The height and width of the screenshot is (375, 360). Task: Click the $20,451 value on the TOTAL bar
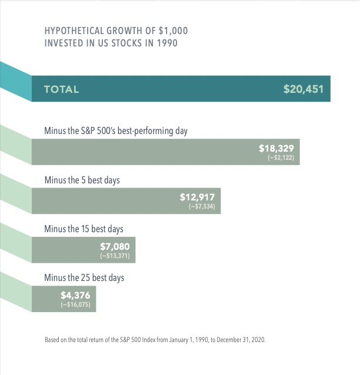click(x=303, y=89)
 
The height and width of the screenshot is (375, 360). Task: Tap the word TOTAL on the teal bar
click(x=61, y=89)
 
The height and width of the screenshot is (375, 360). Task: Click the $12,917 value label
click(x=197, y=197)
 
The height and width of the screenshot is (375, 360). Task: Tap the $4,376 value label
click(x=75, y=295)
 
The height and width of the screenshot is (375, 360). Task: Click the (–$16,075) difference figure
click(x=75, y=305)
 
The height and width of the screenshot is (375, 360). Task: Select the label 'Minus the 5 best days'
click(x=82, y=180)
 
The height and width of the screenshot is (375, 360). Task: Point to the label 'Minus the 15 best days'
click(x=84, y=229)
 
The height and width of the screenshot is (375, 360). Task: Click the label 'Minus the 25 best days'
click(x=84, y=277)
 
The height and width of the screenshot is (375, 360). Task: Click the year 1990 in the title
click(x=167, y=43)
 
